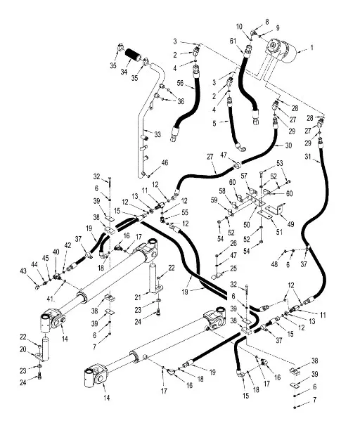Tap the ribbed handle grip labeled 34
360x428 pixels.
pos(132,56)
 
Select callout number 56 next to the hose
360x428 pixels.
pos(180,83)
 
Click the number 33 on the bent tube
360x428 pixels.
pos(157,134)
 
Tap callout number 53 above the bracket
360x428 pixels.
pos(279,163)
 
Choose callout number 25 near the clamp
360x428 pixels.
pos(233,269)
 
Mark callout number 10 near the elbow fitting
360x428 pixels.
pos(239,27)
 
